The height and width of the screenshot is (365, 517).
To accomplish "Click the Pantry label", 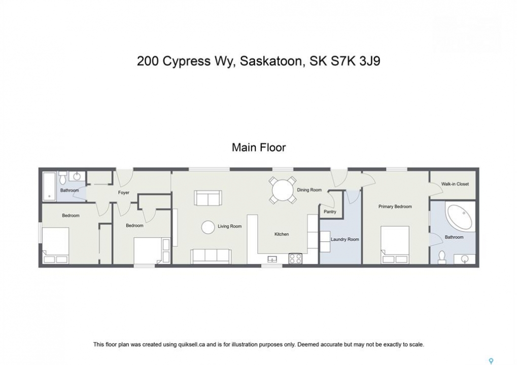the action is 330,211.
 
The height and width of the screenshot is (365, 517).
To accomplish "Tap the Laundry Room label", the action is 344,239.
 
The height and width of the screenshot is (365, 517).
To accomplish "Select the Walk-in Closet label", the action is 455,184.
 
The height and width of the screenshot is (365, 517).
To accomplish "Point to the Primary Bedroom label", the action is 395,206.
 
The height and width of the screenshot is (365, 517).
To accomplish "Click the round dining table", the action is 283,191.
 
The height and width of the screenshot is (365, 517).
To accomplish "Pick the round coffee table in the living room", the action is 208,227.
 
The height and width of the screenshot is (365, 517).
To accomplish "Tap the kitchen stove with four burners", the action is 295,258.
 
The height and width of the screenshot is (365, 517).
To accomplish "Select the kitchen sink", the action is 272,259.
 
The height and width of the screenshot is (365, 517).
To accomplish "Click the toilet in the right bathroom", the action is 441,258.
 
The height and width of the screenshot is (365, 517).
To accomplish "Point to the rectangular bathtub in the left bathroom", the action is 49,186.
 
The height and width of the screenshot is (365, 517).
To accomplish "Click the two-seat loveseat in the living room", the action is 208,198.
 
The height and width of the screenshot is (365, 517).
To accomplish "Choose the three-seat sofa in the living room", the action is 211,257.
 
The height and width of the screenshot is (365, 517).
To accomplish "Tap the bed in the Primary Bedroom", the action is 395,245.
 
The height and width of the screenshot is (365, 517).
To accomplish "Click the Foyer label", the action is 124,193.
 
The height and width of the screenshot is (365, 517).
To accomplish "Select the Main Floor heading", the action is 259,147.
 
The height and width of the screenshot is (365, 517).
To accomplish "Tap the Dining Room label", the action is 309,190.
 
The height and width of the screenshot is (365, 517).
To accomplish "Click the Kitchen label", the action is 282,234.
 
